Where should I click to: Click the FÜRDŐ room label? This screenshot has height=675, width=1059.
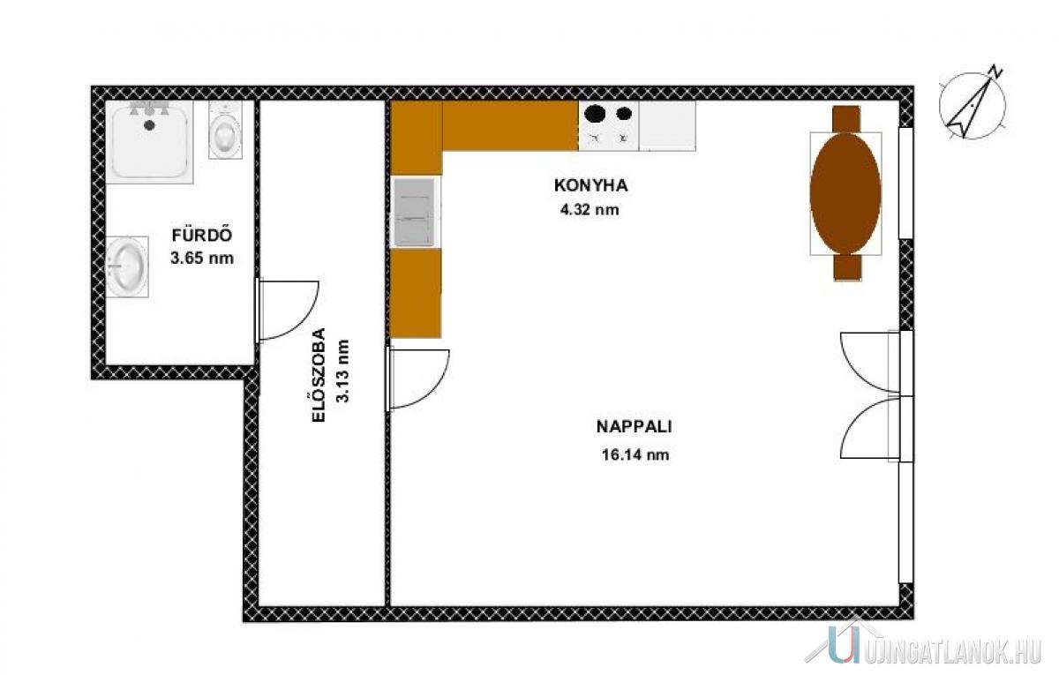point(202,235)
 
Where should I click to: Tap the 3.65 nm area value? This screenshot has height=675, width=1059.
point(202,258)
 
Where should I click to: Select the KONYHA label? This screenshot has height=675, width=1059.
point(591,185)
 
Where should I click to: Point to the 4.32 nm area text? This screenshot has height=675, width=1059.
point(590,209)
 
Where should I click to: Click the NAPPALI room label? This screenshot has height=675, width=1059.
point(634,427)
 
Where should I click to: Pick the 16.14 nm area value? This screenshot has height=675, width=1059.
point(635,454)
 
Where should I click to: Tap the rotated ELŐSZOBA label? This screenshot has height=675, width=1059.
point(319,375)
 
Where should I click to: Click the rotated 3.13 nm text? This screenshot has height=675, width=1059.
point(342,371)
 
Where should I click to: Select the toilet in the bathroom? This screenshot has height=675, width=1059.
point(226,130)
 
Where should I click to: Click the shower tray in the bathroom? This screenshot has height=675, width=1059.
point(149,142)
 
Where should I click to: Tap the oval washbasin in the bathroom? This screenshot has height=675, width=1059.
point(126,266)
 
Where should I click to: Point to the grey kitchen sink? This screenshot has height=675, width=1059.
point(415,212)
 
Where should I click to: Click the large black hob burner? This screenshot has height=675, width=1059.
point(595,114)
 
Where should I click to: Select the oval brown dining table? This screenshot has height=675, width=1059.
point(845,193)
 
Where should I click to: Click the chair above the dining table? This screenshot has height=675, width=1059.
point(846,118)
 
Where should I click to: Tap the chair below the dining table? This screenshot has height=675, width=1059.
point(847,267)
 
